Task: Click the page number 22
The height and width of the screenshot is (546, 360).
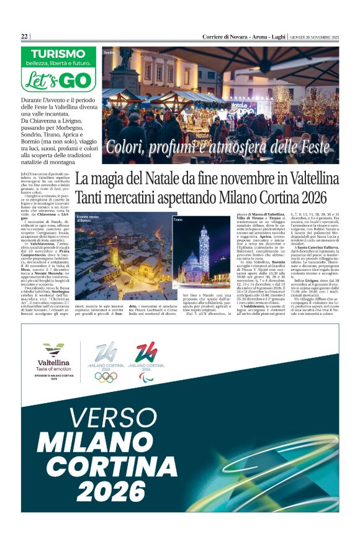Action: coord(24,37)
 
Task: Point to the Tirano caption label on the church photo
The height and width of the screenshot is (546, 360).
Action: coord(178,220)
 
